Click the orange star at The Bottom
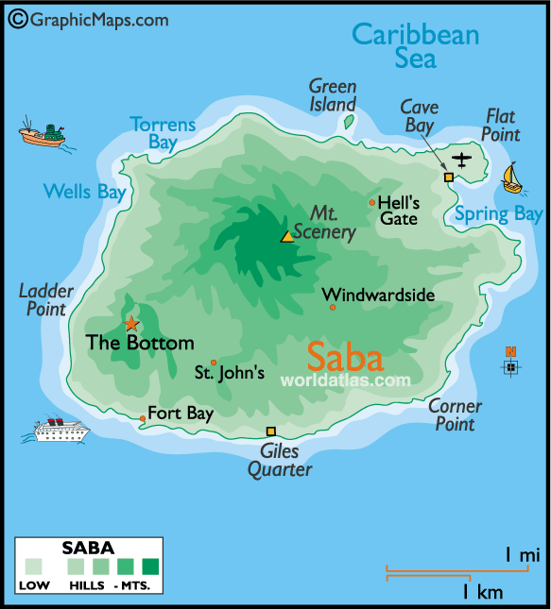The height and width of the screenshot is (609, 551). point(130,323)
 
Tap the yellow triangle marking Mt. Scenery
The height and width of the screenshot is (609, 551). point(287,237)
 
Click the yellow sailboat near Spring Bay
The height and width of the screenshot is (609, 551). point(511,178)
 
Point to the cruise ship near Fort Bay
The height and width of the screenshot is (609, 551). point(61,430)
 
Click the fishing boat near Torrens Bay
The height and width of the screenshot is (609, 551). point(43,135)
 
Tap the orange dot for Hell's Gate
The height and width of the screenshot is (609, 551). point(372,202)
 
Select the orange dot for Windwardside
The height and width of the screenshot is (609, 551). point(333,307)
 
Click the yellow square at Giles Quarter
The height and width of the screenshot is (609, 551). point(270,431)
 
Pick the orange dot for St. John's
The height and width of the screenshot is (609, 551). point(214,363)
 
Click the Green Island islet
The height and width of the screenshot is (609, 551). point(349,122)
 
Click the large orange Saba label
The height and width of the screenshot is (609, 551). point(346,358)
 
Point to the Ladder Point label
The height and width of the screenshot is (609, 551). point(43,299)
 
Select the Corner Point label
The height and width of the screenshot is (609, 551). point(455,415)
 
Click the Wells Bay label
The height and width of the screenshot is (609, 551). point(84,193)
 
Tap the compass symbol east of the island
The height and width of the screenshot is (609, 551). point(510,365)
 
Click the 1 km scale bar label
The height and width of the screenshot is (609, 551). point(483,592)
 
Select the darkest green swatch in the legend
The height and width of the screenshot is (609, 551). point(151,567)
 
